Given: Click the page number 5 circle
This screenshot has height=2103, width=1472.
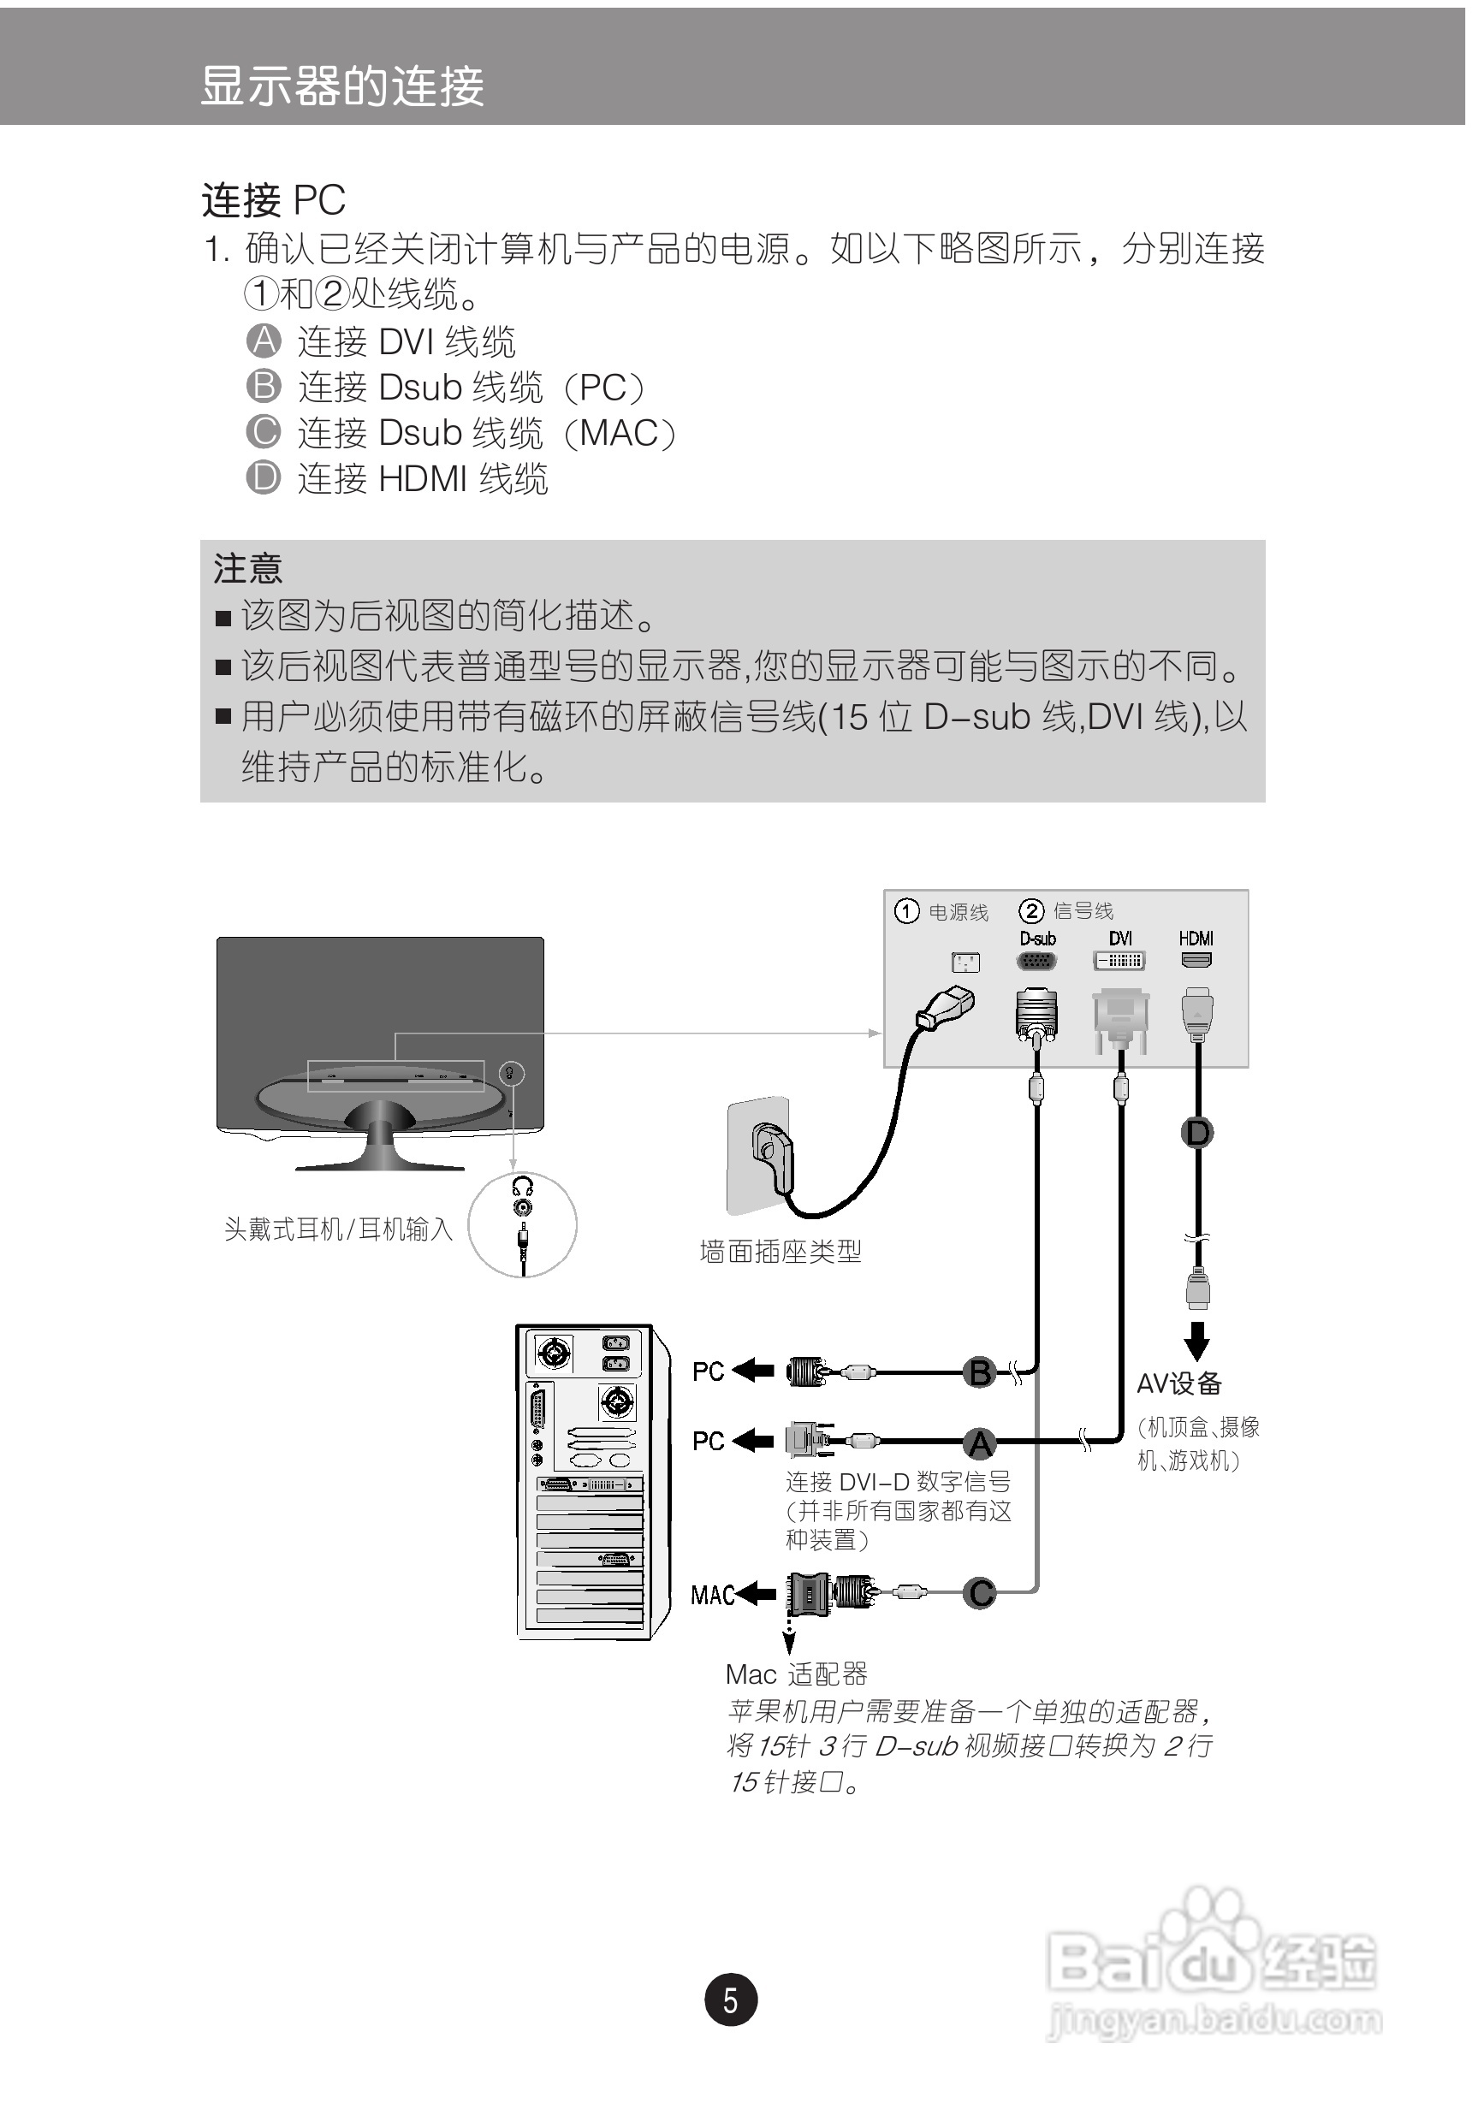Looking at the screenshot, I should tap(730, 1999).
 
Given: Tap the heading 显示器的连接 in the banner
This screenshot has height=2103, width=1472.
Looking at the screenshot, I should tap(341, 86).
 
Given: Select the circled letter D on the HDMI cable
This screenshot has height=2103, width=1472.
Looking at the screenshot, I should tap(1197, 1133).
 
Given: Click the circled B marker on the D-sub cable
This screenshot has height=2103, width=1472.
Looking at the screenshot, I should tap(979, 1373).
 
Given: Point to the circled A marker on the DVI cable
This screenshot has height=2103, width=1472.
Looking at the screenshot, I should tap(979, 1443).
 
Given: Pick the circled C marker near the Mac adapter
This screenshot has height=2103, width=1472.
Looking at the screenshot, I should tap(979, 1593).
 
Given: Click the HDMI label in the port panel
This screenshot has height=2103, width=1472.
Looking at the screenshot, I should tap(1196, 938).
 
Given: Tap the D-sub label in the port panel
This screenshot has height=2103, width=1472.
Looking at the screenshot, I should tap(1037, 938).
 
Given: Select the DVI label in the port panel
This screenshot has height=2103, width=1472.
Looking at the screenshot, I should tap(1119, 938).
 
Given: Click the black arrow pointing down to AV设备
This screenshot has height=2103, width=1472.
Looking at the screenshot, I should tap(1196, 1340).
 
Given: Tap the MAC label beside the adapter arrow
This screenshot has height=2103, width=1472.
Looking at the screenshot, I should tap(712, 1596).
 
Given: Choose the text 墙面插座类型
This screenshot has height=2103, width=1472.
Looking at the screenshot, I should tap(781, 1251).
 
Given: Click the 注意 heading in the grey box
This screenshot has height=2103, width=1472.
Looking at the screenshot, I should tap(247, 569).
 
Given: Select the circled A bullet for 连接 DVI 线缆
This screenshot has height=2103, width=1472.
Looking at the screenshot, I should tap(264, 341).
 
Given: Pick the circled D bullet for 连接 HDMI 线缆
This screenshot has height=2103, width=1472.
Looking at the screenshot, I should tap(264, 477).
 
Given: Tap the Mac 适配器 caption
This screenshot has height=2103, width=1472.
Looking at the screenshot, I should tap(796, 1674).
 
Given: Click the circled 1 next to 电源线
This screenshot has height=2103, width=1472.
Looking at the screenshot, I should tap(906, 910).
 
